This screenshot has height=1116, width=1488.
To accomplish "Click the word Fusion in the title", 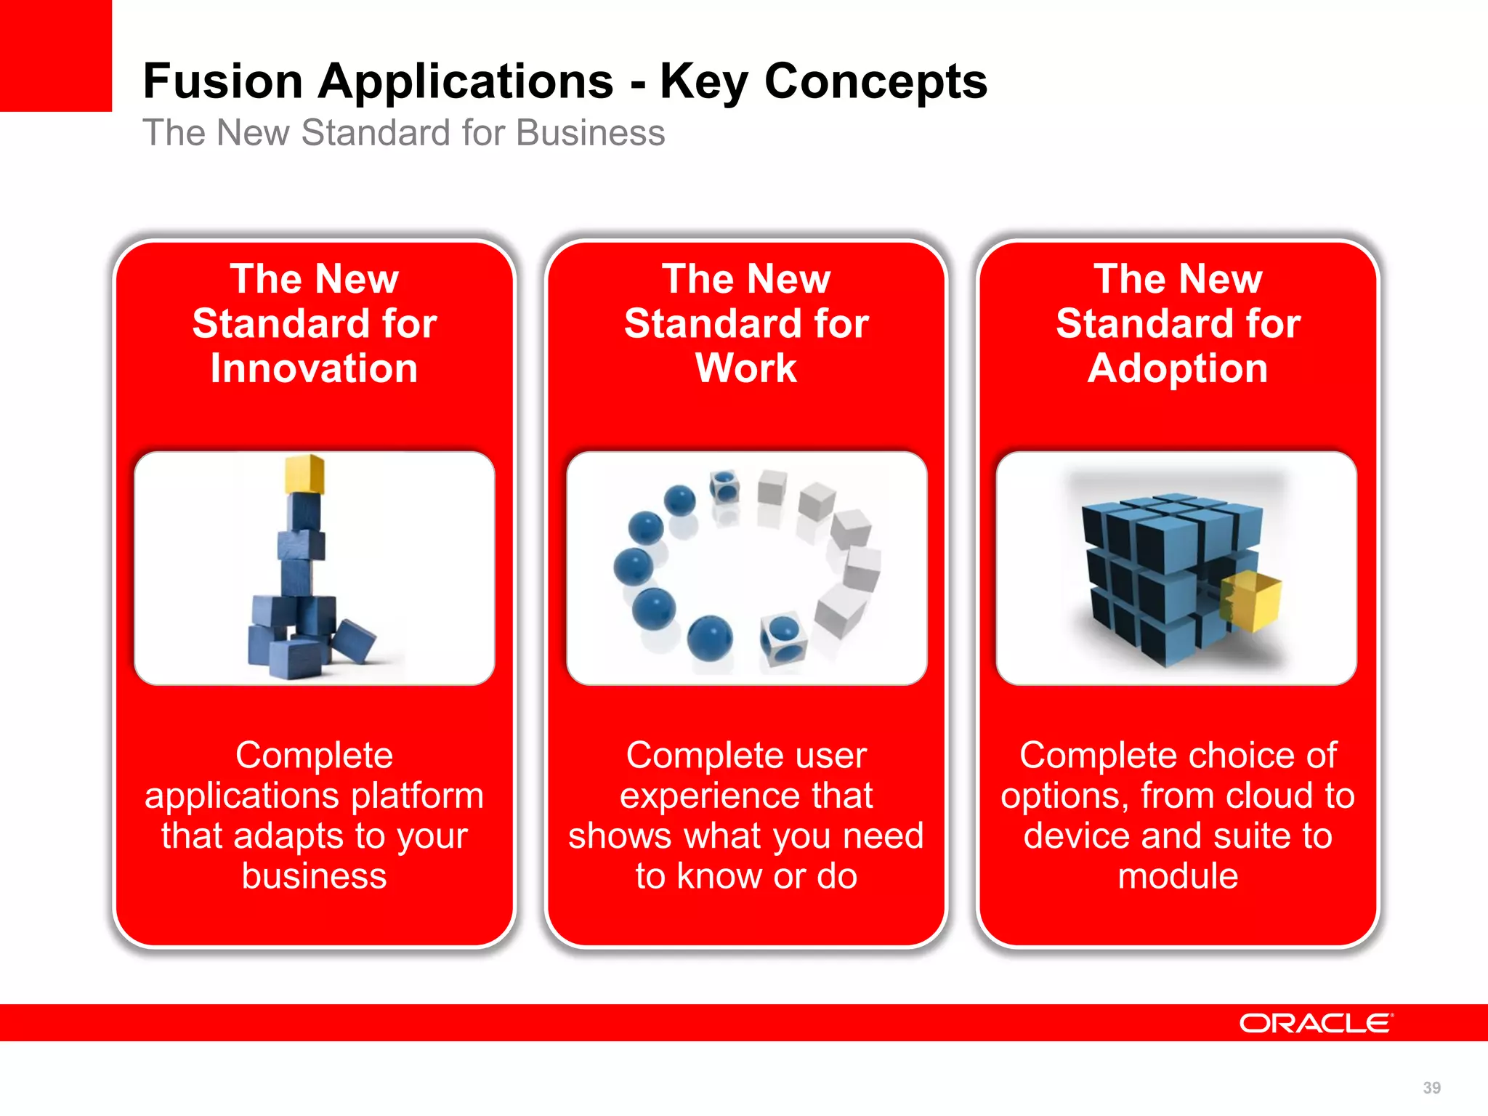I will (222, 81).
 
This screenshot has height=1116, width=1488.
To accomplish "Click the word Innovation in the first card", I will (314, 368).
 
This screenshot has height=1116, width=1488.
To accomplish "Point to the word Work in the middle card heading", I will (746, 368).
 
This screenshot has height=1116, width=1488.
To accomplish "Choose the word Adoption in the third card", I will (1178, 368).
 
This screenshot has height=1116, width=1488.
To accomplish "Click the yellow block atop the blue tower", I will (304, 474).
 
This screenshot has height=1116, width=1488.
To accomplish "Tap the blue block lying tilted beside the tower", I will (355, 639).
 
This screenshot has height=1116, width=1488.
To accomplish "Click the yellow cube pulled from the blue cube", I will (1251, 599).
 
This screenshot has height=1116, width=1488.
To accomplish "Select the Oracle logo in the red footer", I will (1316, 1023).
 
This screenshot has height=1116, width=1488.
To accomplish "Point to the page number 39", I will (1431, 1088).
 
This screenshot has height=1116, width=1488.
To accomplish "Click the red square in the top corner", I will (55, 55).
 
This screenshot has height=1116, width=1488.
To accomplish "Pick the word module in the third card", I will (1178, 876).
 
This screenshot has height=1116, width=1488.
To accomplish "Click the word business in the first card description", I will (314, 876).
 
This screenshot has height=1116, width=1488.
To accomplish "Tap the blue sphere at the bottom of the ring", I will (710, 637).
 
